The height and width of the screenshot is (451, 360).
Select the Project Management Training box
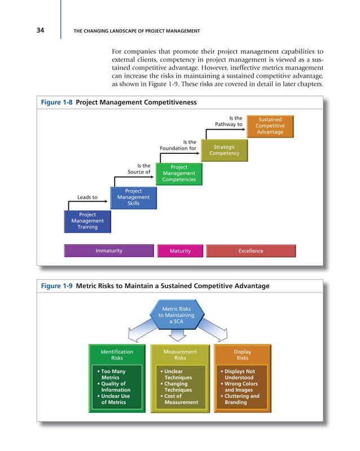[87, 221]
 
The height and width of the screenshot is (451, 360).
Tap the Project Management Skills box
[133, 197]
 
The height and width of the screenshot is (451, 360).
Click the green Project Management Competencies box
[179, 174]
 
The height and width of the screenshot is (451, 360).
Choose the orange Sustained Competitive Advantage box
[270, 126]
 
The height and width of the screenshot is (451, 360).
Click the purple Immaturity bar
[109, 251]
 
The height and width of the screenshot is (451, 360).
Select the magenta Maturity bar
[180, 251]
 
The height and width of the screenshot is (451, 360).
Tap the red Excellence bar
[251, 251]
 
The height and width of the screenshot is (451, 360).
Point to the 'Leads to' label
[87, 197]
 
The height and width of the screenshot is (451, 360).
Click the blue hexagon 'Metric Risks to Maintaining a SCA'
[178, 315]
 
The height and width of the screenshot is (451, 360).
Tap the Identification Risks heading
[117, 355]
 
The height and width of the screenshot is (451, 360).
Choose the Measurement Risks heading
[180, 355]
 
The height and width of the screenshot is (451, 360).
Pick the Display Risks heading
[243, 355]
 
